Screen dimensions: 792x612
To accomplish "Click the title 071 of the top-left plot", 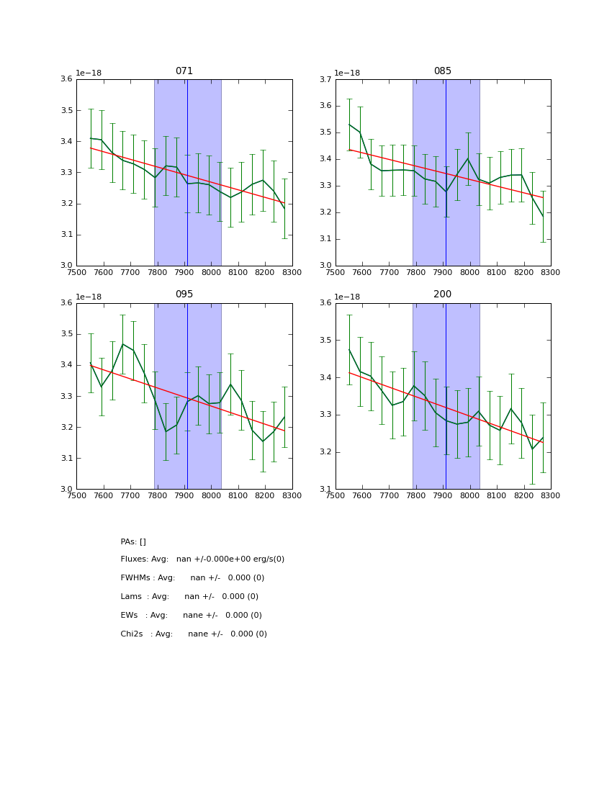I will [x=184, y=71].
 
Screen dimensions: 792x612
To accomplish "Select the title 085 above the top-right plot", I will [x=443, y=71].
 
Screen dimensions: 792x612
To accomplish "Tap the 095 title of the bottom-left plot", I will [x=184, y=294].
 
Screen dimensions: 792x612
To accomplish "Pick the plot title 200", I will [x=443, y=294].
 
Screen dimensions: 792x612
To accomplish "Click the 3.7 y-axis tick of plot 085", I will [x=325, y=79].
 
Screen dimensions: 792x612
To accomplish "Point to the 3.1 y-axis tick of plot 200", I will [x=325, y=490].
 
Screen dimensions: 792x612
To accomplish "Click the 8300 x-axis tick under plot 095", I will [x=292, y=495].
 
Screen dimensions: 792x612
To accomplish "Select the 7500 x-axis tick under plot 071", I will [x=76, y=272].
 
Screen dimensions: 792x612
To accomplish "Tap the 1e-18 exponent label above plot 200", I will [x=348, y=297].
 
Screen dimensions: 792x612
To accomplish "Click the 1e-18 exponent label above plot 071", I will [x=89, y=73].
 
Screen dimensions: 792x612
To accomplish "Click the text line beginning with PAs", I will [x=133, y=541].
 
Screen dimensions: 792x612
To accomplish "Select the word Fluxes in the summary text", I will [x=134, y=559].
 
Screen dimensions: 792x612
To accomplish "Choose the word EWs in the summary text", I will [x=129, y=616].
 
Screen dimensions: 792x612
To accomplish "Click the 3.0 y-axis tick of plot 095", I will [x=66, y=490].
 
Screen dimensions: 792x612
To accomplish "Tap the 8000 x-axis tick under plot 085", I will [x=469, y=272].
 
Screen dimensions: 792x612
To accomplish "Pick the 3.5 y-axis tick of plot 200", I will [x=325, y=340].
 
